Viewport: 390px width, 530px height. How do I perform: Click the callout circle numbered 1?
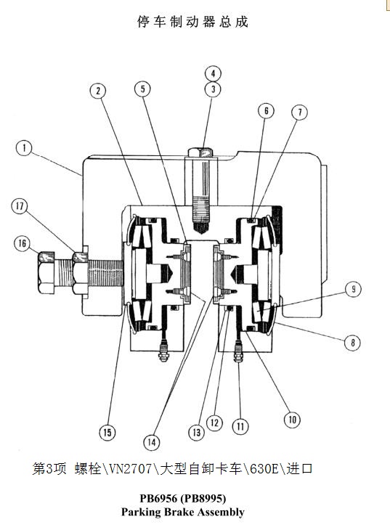click(x=25, y=148)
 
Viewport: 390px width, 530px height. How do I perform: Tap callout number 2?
click(x=98, y=91)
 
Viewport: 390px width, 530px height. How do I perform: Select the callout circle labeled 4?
click(x=213, y=73)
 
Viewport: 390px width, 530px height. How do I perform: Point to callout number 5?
click(x=143, y=89)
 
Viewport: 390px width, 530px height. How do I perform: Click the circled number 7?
click(x=300, y=113)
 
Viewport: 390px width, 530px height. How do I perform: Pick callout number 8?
click(x=352, y=343)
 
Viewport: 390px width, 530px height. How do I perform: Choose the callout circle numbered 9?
click(x=354, y=289)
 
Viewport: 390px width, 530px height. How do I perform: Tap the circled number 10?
click(x=292, y=420)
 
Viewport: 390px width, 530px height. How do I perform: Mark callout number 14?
click(x=152, y=442)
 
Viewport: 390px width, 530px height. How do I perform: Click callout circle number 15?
click(x=107, y=432)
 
